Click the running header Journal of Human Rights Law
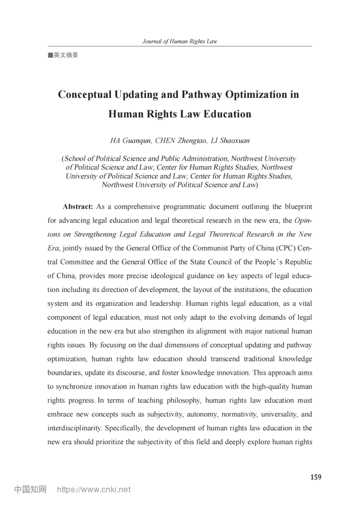point(179,42)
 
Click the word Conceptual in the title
point(85,95)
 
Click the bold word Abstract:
point(78,206)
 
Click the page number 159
point(316,477)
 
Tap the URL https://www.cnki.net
point(94,490)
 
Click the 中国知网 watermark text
point(30,490)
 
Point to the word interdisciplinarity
point(74,428)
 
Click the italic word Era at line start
point(53,248)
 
